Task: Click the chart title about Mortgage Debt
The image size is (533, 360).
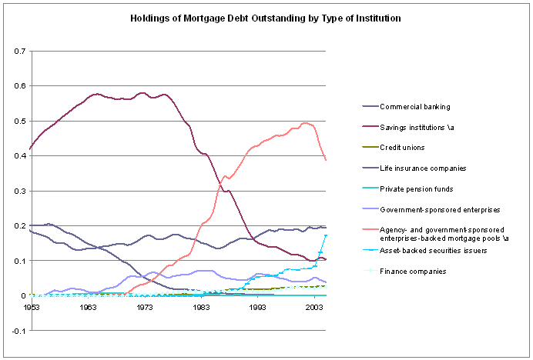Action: click(x=266, y=16)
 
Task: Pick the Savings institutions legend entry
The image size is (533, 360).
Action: click(x=421, y=126)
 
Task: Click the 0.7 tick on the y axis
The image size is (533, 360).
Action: click(x=19, y=52)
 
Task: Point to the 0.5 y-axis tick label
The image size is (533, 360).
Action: click(x=19, y=122)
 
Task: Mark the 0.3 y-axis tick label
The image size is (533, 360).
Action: click(x=19, y=192)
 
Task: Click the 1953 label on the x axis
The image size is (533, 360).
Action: click(x=30, y=307)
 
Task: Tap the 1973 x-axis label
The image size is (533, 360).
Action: click(x=144, y=307)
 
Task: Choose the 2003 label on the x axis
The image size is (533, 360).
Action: click(x=314, y=307)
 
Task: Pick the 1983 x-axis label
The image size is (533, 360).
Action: click(x=201, y=307)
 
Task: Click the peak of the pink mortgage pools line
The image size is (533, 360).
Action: click(x=307, y=123)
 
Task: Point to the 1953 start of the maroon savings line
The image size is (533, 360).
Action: click(x=29, y=148)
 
